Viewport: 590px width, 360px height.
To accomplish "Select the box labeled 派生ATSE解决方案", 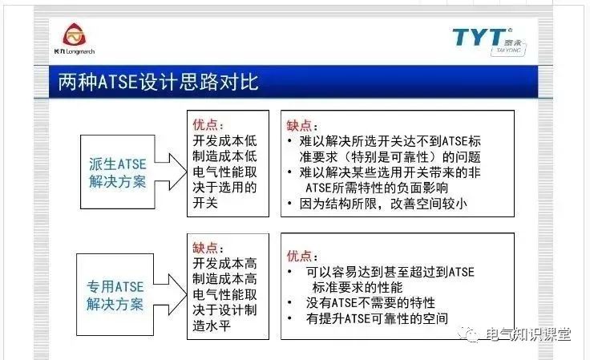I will [117, 172].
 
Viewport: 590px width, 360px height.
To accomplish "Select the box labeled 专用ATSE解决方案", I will [115, 295].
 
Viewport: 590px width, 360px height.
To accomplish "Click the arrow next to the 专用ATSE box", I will [169, 294].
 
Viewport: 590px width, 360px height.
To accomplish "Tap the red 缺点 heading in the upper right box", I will [302, 127].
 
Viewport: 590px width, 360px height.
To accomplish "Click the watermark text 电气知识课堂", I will [529, 334].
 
